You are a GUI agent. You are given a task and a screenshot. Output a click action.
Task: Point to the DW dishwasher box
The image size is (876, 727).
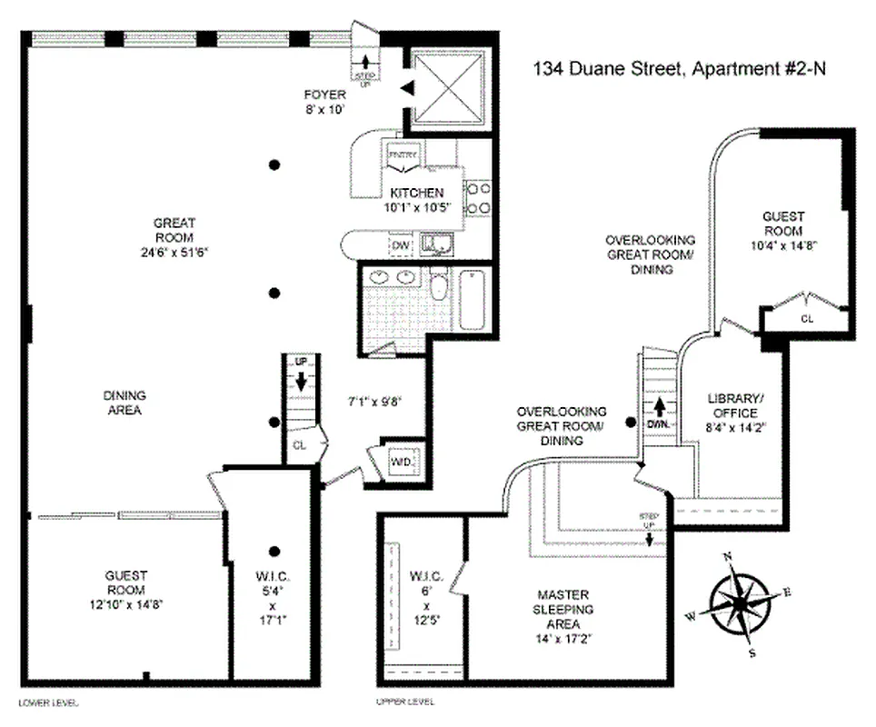[x=400, y=244]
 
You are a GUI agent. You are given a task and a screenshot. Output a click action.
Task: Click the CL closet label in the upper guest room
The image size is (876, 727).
[x=806, y=319]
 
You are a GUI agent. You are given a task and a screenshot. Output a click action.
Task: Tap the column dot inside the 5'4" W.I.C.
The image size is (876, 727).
[x=273, y=551]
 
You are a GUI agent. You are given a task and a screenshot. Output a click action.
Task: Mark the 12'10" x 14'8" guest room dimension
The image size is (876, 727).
[x=125, y=603]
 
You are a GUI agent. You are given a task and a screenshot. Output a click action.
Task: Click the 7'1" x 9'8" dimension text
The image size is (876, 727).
[x=374, y=400]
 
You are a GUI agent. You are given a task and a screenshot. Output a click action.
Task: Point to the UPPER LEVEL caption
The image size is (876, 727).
[x=404, y=702]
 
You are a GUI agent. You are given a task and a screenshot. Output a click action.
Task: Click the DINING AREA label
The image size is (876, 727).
[x=125, y=403]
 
